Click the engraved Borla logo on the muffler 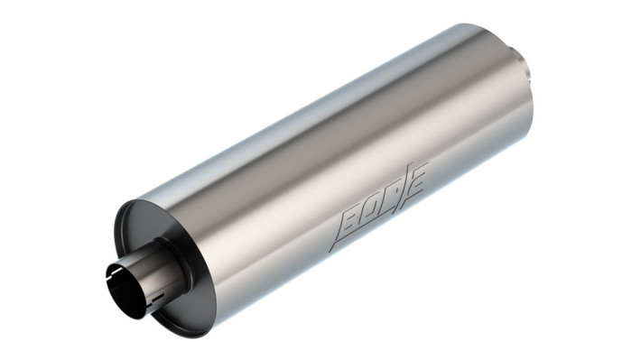[380, 206]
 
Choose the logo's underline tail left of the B [336, 245]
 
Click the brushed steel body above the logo [361, 135]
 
